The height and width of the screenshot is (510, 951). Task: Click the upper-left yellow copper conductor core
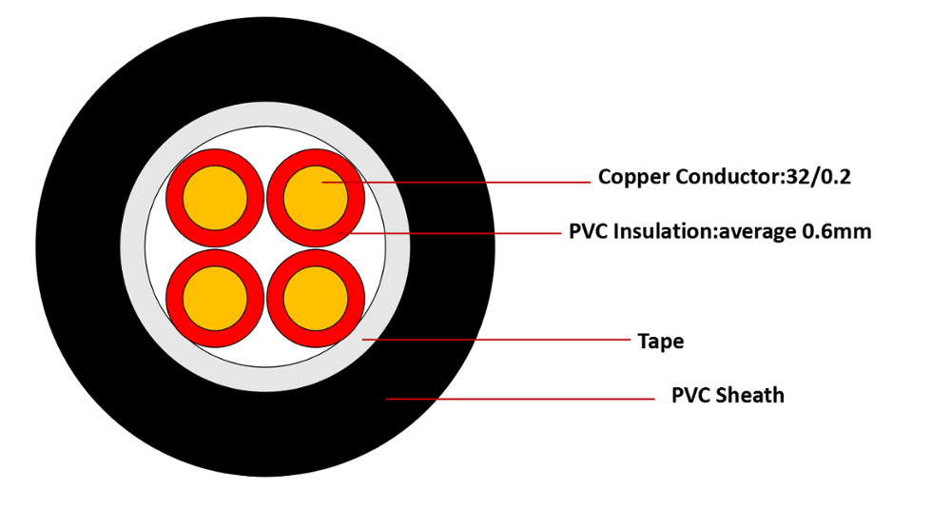click(x=215, y=197)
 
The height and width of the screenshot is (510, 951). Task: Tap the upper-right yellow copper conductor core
click(x=316, y=197)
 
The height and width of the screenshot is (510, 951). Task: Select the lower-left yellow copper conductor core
click(x=215, y=298)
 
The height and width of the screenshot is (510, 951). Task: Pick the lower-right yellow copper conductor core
click(x=316, y=298)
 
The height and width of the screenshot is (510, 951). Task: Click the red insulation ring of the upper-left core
click(x=175, y=197)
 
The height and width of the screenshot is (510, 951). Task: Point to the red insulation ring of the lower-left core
click(x=175, y=298)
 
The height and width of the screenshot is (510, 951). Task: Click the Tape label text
click(x=660, y=341)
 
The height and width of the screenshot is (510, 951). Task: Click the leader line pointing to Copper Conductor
click(x=475, y=182)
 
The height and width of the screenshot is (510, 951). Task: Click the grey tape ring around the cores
click(x=133, y=247)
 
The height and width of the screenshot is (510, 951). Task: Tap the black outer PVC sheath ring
click(x=76, y=247)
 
